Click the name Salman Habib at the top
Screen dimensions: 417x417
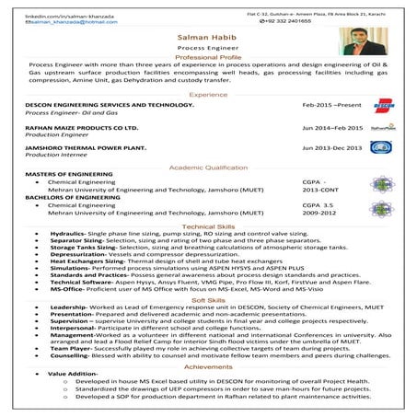208,37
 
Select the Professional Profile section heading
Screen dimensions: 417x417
208,57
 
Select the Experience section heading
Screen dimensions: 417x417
208,96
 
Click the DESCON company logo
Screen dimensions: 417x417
384,107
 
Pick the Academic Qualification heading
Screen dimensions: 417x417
208,168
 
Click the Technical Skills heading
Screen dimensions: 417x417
208,226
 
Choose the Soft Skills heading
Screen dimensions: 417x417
208,300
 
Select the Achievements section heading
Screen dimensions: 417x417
208,365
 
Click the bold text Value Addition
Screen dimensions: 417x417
66,374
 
